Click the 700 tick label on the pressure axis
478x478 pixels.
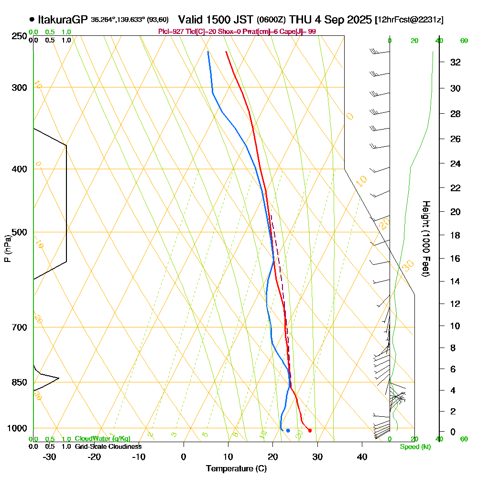pos(18,327)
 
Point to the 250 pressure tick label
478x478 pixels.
pos(18,36)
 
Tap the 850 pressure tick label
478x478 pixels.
pos(18,382)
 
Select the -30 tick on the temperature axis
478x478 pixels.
pos(50,456)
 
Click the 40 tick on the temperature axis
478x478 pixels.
pos(362,456)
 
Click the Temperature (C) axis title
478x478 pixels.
pos(236,469)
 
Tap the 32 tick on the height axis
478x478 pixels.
pos(455,62)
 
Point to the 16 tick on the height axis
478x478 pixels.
pos(455,259)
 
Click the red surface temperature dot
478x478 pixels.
pos(310,431)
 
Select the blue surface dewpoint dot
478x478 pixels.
pos(288,431)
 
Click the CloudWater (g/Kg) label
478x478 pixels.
pos(102,439)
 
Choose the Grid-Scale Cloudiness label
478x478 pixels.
pos(108,446)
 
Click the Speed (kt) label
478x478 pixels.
pos(415,446)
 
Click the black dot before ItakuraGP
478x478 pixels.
pos(32,20)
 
